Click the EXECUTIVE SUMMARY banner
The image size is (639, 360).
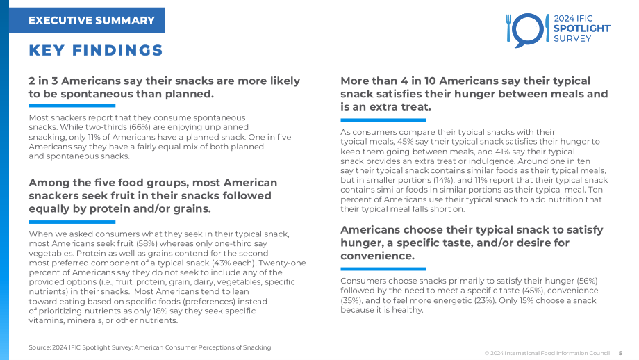tap(88, 20)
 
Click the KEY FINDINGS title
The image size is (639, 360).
tap(96, 51)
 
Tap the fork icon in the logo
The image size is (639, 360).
tap(508, 28)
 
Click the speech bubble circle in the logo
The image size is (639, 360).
tap(528, 30)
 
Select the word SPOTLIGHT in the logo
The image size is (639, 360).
tap(581, 28)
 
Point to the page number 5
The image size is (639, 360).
tap(621, 353)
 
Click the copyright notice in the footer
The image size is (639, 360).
tap(547, 353)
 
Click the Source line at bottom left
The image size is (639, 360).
tap(149, 347)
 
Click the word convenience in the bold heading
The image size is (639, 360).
tap(377, 256)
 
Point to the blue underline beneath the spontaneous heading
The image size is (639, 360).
tap(72, 106)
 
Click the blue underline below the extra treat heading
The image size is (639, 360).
tap(383, 120)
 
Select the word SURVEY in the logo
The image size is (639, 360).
tap(572, 39)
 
